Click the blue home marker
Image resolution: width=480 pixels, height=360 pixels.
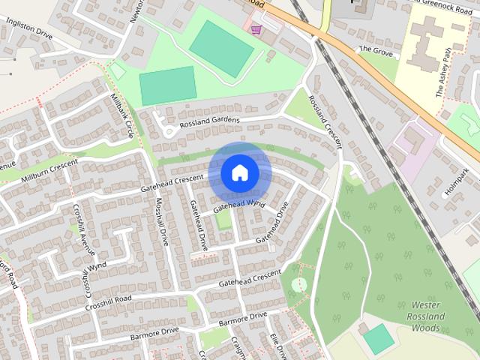tap(239, 172)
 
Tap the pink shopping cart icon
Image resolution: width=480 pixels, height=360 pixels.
tap(256, 30)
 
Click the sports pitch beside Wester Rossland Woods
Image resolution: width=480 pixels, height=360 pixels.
tap(379, 339)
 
